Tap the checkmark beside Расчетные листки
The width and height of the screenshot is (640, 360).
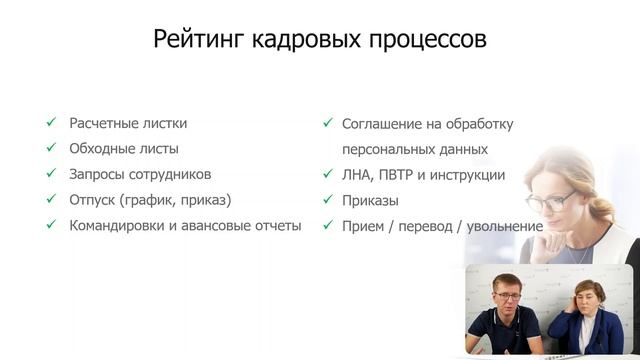coord(50,123)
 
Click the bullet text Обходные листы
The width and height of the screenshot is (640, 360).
coord(124,148)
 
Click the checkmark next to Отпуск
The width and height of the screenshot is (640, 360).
coord(50,199)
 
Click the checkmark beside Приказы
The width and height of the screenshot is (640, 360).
coord(327,200)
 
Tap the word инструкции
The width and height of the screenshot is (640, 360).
coord(470,175)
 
